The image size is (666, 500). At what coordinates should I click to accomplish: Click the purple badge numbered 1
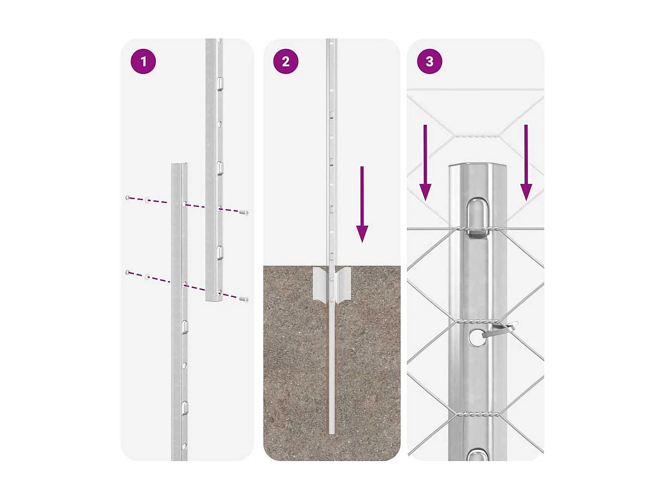(143, 61)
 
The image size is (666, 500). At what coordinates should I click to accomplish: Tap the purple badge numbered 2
(285, 61)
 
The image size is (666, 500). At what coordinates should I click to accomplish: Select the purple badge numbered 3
(429, 61)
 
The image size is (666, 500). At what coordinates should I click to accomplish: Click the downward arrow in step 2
(362, 204)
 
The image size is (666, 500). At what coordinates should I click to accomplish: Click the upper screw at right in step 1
(244, 213)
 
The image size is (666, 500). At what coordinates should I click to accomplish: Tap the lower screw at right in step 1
(244, 300)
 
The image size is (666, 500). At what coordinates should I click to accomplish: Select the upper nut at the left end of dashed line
(128, 197)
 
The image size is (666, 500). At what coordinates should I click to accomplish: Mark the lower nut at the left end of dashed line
(128, 272)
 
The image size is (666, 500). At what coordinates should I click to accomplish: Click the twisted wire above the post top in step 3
(476, 135)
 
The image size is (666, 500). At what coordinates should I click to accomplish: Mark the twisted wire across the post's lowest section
(478, 414)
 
